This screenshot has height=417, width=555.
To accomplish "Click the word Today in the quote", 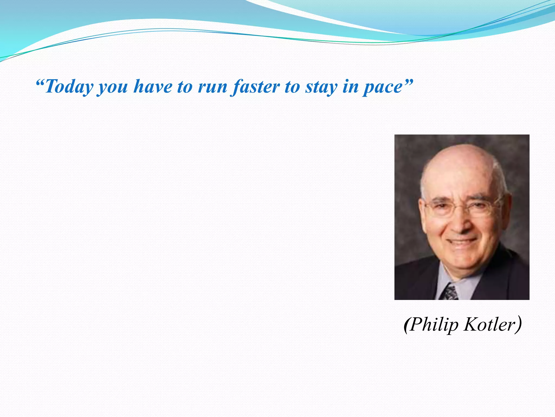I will pos(69,87).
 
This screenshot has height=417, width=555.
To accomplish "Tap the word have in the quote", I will pos(153,87).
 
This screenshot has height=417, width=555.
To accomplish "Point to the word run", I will pos(212,87).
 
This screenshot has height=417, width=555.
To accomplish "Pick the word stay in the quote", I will pos(322,88).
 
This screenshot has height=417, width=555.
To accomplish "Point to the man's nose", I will pos(462,223).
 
